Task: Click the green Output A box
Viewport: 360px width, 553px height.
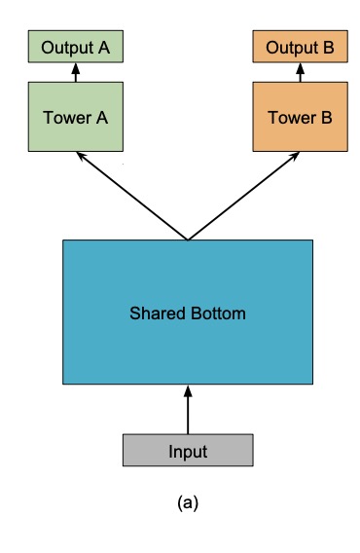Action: pos(75,45)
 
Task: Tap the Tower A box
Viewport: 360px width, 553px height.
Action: pos(75,117)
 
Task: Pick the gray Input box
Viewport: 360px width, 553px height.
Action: pos(188,451)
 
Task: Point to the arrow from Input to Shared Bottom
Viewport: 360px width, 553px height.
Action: pos(188,409)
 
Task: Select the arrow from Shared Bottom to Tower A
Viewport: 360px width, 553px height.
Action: pos(131,195)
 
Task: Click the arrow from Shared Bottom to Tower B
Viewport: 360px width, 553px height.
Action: pos(244,195)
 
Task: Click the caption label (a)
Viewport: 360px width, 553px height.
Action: pos(188,502)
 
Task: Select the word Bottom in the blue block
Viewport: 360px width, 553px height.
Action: pos(220,314)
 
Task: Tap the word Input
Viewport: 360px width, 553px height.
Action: pos(188,452)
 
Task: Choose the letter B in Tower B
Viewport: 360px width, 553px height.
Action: pos(326,118)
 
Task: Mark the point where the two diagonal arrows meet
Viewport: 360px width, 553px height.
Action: pos(188,239)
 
